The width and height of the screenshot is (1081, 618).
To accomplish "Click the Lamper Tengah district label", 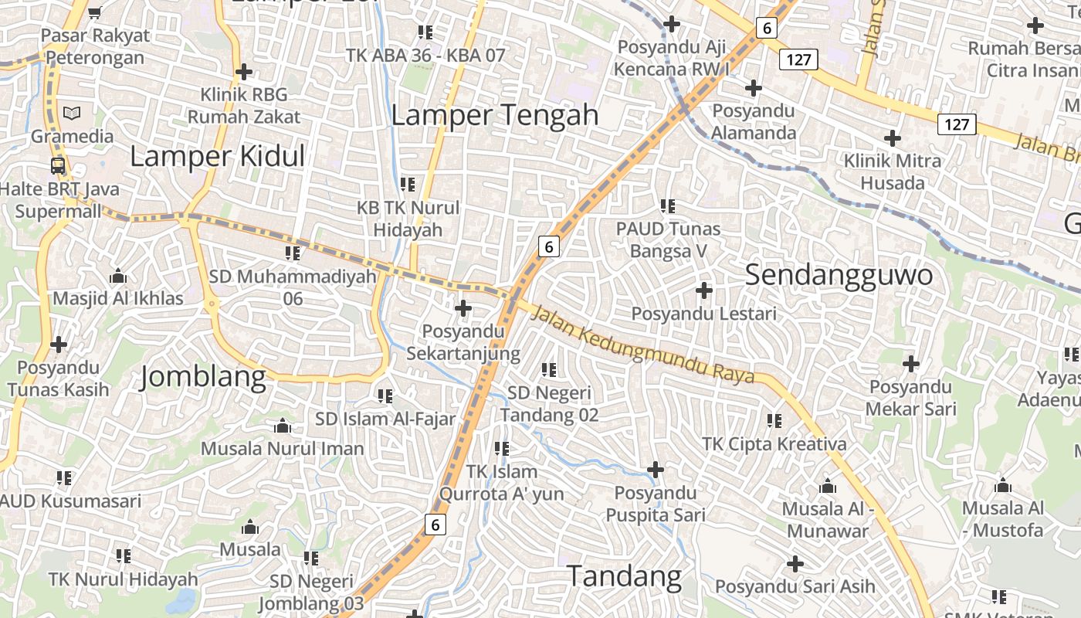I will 494,115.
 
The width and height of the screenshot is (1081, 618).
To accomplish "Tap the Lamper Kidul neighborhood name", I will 217,156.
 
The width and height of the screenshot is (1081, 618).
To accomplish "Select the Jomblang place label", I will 203,378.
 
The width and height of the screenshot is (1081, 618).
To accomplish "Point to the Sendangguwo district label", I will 839,275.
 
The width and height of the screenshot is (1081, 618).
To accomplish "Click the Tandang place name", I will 624,576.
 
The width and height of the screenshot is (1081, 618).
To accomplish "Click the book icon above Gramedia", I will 72,113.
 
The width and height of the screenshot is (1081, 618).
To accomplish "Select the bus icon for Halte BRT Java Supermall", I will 58,165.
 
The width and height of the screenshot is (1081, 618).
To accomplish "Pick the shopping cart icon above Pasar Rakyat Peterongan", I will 94,12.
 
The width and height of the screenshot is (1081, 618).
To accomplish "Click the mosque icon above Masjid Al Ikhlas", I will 118,276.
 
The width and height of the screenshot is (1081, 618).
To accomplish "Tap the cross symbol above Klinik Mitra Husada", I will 893,138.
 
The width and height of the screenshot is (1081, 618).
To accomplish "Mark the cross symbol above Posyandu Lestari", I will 703,290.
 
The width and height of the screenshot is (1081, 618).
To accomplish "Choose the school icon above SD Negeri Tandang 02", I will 549,370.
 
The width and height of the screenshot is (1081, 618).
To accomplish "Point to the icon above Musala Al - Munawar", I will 828,487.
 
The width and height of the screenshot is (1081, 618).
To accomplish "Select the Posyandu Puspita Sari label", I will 655,504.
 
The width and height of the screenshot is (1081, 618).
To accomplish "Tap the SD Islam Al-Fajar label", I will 385,419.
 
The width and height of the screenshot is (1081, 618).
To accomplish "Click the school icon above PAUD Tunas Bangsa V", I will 668,206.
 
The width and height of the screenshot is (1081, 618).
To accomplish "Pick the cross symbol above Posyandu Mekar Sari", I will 911,363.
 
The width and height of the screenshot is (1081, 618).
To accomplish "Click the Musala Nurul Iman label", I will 282,448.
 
